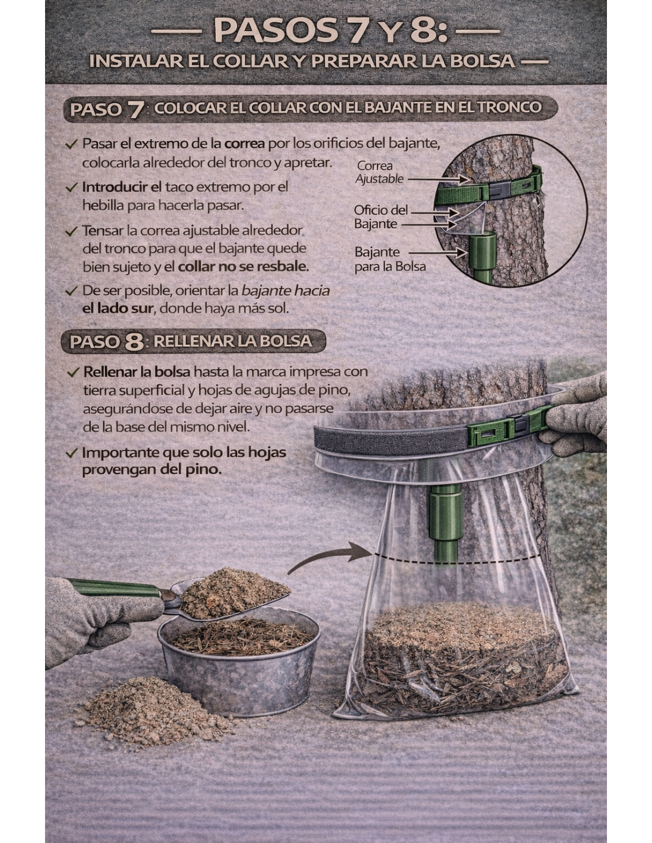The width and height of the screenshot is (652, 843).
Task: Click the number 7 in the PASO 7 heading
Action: (136, 110)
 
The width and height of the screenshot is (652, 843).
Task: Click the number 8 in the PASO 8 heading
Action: (134, 341)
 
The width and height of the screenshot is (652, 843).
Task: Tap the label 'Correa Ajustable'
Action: (379, 173)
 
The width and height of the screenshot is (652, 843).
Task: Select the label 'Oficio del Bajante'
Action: (381, 217)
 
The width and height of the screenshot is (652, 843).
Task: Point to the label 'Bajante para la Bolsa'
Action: (390, 259)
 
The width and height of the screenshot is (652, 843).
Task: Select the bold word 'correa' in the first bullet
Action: (244, 144)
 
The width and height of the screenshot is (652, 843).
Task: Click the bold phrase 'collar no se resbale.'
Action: (243, 267)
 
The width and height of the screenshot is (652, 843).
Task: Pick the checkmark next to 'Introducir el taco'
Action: (72, 188)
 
